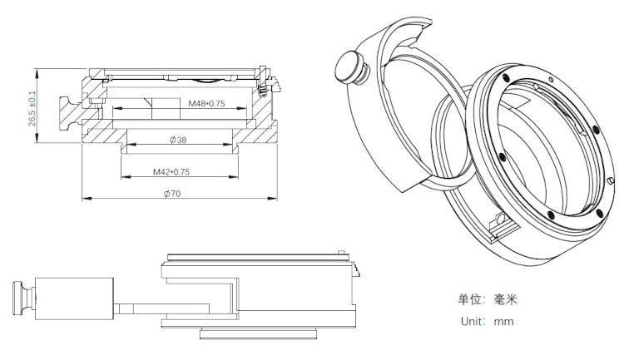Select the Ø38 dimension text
pos(176,141)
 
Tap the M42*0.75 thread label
pos(172,172)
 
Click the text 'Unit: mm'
pos(487,320)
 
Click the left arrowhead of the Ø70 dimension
pos(84,199)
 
